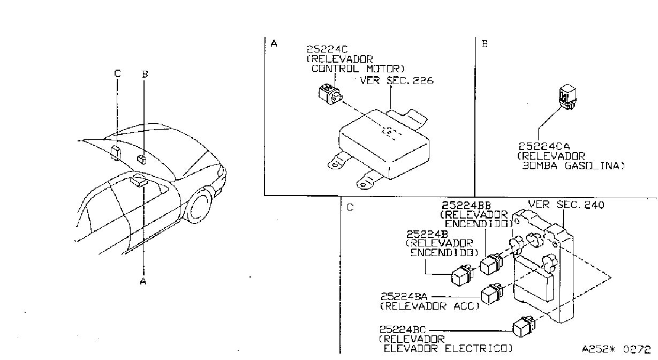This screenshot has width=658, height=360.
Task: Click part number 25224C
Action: click(x=327, y=49)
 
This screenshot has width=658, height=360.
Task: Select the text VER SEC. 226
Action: click(x=397, y=80)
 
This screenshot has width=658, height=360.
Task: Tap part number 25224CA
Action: click(x=544, y=146)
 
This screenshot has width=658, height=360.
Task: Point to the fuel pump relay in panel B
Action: click(x=567, y=97)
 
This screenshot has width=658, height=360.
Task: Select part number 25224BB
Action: click(x=466, y=205)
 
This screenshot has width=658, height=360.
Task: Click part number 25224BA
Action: click(x=404, y=296)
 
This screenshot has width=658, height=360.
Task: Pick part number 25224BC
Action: click(x=403, y=329)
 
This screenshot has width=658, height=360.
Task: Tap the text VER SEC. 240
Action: click(x=566, y=204)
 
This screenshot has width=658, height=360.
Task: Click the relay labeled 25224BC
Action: click(x=524, y=326)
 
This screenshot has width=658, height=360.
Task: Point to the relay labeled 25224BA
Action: click(x=491, y=294)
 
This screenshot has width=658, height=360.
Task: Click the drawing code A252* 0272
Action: click(x=616, y=349)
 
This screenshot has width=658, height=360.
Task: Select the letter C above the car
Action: click(x=117, y=73)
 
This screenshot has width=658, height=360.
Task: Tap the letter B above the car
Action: click(x=145, y=74)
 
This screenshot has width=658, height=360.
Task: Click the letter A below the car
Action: click(x=143, y=281)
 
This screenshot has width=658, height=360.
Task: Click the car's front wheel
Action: click(x=201, y=206)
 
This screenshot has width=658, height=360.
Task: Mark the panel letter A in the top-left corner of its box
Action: click(x=274, y=43)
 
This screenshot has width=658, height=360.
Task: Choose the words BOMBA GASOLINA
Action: click(x=573, y=166)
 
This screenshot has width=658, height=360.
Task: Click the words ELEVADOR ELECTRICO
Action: click(x=448, y=349)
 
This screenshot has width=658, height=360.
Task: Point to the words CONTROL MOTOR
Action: click(x=358, y=69)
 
